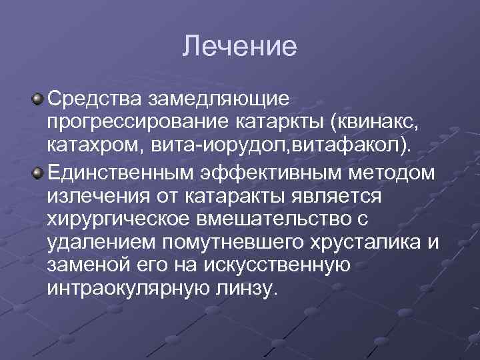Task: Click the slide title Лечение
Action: (239, 47)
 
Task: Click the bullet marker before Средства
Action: (38, 99)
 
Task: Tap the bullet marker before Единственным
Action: (38, 173)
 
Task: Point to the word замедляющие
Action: (219, 100)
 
